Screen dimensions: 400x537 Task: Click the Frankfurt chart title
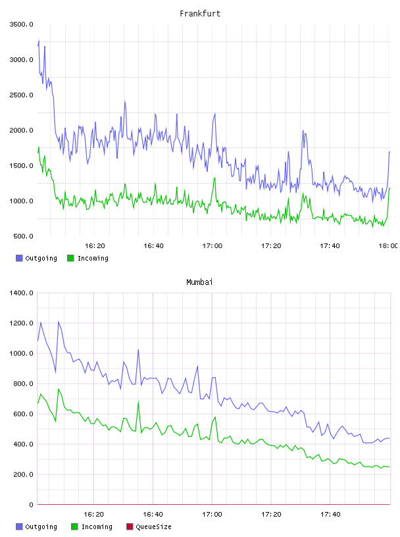[x=200, y=14]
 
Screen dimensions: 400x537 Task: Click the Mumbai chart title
[x=199, y=282]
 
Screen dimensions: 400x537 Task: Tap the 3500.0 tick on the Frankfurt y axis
[x=22, y=24]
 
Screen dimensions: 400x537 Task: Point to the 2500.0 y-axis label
[x=22, y=95]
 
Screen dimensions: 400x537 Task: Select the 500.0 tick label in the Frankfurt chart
[x=23, y=236]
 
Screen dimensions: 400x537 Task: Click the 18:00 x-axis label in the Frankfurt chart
[x=388, y=246]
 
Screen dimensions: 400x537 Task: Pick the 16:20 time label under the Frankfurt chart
[x=95, y=246]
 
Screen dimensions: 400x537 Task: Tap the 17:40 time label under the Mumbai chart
[x=330, y=515]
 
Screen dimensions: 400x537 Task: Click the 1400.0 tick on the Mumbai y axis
[x=22, y=293]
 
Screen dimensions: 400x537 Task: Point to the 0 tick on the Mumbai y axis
[x=31, y=505]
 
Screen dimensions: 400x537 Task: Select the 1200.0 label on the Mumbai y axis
[x=22, y=323]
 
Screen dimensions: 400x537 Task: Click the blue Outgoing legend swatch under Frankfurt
[x=19, y=258]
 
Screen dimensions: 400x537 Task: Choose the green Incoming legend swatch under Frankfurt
[x=70, y=258]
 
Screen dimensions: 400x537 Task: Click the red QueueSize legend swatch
[x=130, y=526]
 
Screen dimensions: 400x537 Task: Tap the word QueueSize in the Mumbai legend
[x=153, y=526]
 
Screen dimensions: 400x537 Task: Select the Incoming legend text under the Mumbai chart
[x=97, y=526]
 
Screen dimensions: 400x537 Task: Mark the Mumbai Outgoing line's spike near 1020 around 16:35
[x=138, y=350]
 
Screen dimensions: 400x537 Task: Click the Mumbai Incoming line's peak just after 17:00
[x=215, y=417]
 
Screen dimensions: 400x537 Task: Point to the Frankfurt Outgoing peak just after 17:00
[x=214, y=114]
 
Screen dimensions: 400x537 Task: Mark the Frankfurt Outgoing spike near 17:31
[x=303, y=130]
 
